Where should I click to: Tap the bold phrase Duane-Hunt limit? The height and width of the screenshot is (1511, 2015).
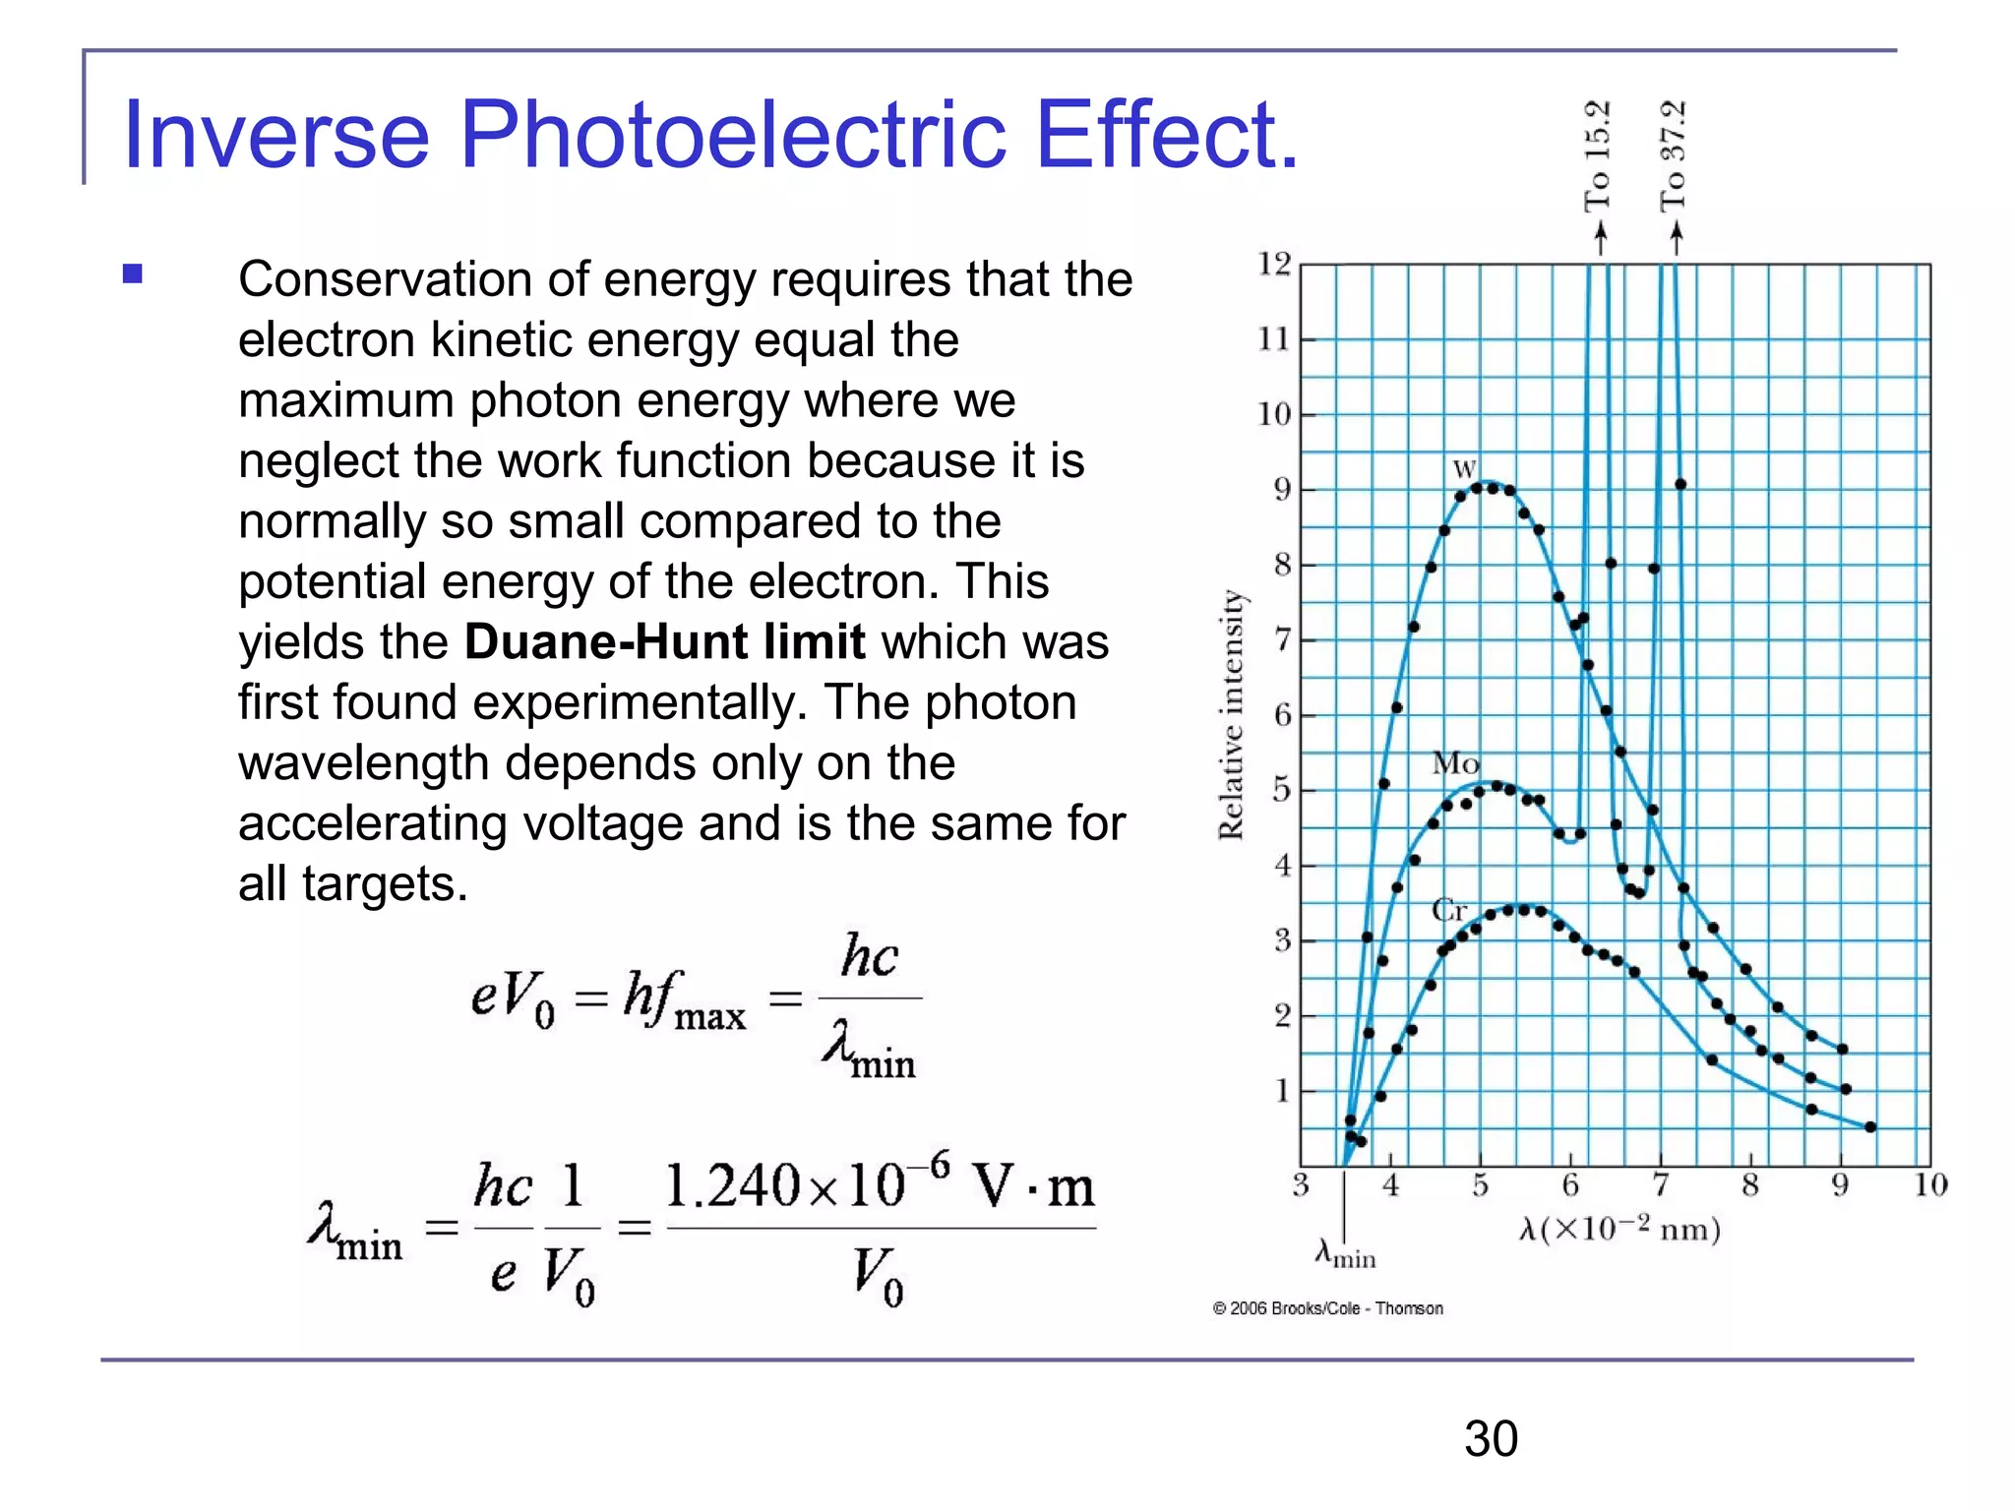(x=664, y=642)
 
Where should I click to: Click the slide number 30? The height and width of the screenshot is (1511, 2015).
(x=1491, y=1439)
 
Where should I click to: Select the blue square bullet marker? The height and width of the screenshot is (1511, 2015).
(x=133, y=273)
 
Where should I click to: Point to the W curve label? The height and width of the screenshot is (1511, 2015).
(x=1465, y=469)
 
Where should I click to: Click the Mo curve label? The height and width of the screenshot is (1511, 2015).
(x=1455, y=763)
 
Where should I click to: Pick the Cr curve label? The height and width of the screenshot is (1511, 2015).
(x=1449, y=910)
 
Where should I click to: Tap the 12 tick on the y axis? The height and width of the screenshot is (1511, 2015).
(x=1274, y=264)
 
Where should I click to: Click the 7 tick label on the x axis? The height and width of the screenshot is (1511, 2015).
(x=1660, y=1185)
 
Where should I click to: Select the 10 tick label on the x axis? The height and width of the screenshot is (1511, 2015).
(x=1930, y=1185)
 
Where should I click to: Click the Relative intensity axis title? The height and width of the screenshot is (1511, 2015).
(x=1231, y=714)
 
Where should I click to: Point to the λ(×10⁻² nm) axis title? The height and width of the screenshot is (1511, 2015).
(x=1619, y=1230)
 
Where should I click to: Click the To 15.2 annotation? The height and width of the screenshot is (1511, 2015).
(x=1597, y=157)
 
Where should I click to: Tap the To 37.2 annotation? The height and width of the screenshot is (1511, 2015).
(x=1674, y=157)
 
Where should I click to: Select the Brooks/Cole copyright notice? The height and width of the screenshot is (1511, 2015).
(x=1327, y=1308)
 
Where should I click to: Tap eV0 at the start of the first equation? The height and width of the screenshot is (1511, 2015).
(x=513, y=998)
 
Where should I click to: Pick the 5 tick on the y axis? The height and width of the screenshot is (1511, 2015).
(x=1281, y=790)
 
